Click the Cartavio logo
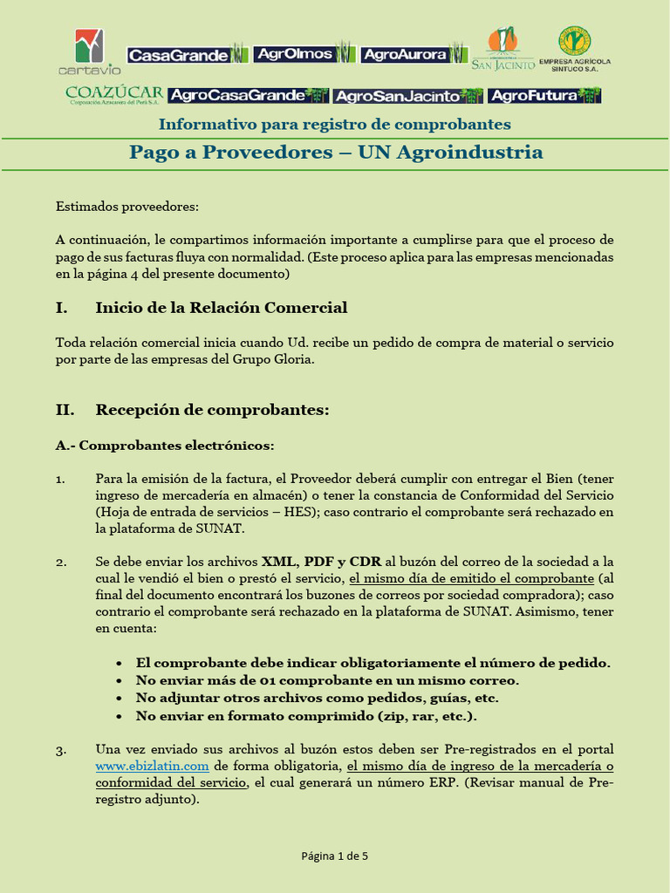[x=90, y=51]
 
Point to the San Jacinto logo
[x=502, y=49]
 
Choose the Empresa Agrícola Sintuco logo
[x=575, y=49]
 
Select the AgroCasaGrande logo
[x=248, y=95]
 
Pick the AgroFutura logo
[x=544, y=95]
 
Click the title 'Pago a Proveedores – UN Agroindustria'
[x=336, y=153]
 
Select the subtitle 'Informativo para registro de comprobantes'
[x=334, y=124]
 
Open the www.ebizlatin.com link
[x=152, y=766]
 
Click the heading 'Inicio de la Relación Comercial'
[x=221, y=308]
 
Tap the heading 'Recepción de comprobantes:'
[x=212, y=410]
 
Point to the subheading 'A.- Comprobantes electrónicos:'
[x=165, y=446]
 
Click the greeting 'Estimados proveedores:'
[x=127, y=207]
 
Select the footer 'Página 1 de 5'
[x=335, y=856]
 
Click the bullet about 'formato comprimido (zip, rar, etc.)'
[x=306, y=716]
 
